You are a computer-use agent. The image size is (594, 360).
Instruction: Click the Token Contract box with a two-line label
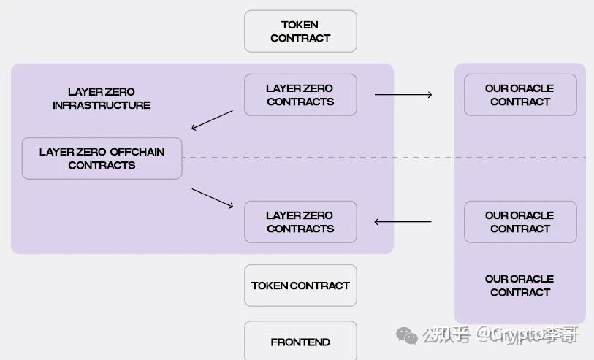(300, 31)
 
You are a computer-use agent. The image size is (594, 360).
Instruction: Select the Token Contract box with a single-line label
(300, 286)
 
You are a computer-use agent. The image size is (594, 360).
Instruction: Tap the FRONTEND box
(300, 341)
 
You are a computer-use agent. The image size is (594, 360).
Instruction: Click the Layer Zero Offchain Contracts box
(102, 158)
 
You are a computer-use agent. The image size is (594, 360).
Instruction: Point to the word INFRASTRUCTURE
(101, 105)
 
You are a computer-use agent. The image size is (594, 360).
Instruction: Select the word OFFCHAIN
(137, 152)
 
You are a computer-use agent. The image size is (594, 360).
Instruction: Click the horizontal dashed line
(384, 158)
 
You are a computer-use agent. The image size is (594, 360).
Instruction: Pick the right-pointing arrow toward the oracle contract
(403, 95)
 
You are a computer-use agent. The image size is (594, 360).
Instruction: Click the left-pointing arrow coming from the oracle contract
(403, 222)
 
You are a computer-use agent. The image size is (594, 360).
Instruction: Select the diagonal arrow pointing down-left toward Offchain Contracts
(212, 120)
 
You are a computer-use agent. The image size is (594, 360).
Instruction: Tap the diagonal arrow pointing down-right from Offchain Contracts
(213, 198)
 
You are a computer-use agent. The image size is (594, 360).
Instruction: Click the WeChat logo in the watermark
(406, 335)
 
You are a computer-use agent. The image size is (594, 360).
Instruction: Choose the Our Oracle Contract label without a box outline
(519, 286)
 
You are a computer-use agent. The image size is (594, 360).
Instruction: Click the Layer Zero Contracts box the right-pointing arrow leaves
(300, 95)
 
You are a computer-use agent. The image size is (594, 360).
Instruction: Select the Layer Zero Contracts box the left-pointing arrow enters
(300, 222)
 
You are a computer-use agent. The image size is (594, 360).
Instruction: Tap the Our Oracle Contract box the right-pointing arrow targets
(520, 95)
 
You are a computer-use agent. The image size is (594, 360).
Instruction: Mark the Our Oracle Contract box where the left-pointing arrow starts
(520, 222)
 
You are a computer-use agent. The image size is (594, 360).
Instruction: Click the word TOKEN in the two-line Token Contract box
(300, 25)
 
